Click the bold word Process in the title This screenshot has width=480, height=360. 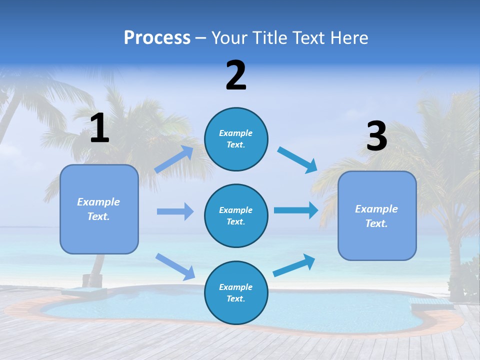click(x=157, y=38)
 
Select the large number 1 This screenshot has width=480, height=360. click(x=99, y=128)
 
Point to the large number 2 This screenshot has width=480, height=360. click(x=236, y=75)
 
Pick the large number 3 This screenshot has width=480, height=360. click(x=377, y=136)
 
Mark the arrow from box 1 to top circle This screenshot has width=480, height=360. click(x=174, y=159)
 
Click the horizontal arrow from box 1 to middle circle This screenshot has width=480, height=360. click(x=175, y=211)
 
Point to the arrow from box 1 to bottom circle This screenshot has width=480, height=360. click(x=175, y=266)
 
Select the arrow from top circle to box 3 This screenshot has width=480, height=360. click(x=297, y=159)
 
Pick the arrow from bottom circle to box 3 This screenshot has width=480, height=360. click(x=294, y=265)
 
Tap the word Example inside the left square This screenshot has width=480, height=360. click(x=98, y=202)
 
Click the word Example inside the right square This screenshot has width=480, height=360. click(x=376, y=209)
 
